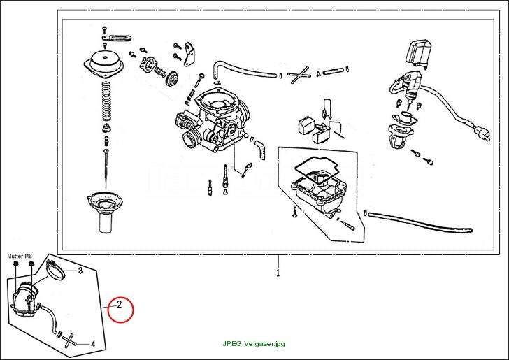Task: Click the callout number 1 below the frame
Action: (278, 273)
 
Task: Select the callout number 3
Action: (80, 271)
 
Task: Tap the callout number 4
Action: (93, 344)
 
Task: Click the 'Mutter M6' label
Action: (20, 256)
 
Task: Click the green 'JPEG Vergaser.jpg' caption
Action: (254, 343)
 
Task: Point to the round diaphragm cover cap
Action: (104, 64)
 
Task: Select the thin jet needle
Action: (106, 168)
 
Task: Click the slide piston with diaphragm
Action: (103, 212)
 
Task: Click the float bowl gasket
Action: (317, 170)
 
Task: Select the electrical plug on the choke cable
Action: (482, 133)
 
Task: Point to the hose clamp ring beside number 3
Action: (56, 270)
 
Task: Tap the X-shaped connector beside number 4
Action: (69, 340)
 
